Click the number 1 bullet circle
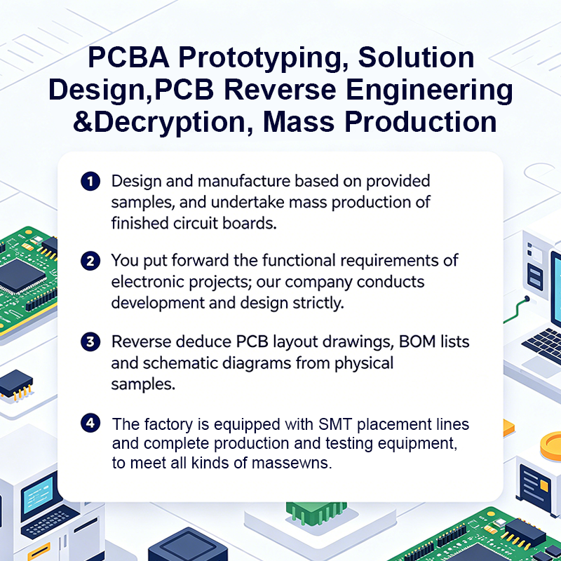point(90,181)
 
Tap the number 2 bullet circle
point(90,260)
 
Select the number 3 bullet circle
point(90,342)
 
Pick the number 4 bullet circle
point(90,423)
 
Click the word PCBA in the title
point(128,58)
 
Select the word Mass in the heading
point(299,122)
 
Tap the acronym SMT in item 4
point(335,424)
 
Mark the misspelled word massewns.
point(292,463)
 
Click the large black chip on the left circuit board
point(22,276)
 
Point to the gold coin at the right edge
point(551,446)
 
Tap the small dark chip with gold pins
point(16,384)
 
